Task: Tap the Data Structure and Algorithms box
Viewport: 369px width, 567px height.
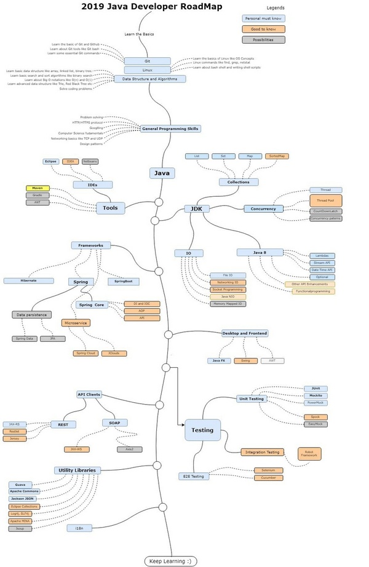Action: click(149, 79)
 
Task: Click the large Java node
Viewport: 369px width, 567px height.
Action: click(162, 173)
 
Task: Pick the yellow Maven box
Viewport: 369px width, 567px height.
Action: click(38, 188)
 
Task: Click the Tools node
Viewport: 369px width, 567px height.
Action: click(110, 208)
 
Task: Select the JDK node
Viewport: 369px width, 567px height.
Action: click(197, 209)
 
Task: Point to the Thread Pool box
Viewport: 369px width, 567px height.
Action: click(325, 200)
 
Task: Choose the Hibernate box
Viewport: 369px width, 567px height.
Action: click(28, 280)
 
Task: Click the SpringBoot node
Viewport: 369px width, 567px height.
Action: click(124, 281)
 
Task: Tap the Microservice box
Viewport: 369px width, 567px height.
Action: click(76, 322)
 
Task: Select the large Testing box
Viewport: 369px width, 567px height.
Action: click(202, 430)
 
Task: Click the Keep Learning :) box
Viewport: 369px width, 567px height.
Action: click(170, 561)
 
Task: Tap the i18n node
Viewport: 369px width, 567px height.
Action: click(79, 528)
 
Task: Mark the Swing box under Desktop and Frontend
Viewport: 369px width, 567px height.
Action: click(245, 360)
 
